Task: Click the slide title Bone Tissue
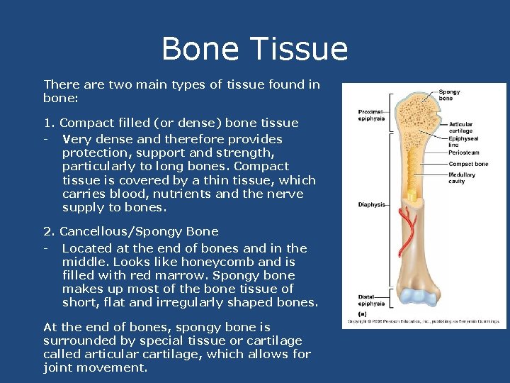coord(254,49)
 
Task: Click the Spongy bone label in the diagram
coord(448,95)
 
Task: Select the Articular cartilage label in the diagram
coord(460,128)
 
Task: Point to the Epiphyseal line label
coord(463,142)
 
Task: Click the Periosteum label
coord(463,152)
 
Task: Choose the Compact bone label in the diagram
coord(468,164)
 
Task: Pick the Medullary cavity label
coord(462,178)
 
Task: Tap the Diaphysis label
coord(371,205)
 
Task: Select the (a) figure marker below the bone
coord(363,313)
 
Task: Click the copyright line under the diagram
coord(424,321)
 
